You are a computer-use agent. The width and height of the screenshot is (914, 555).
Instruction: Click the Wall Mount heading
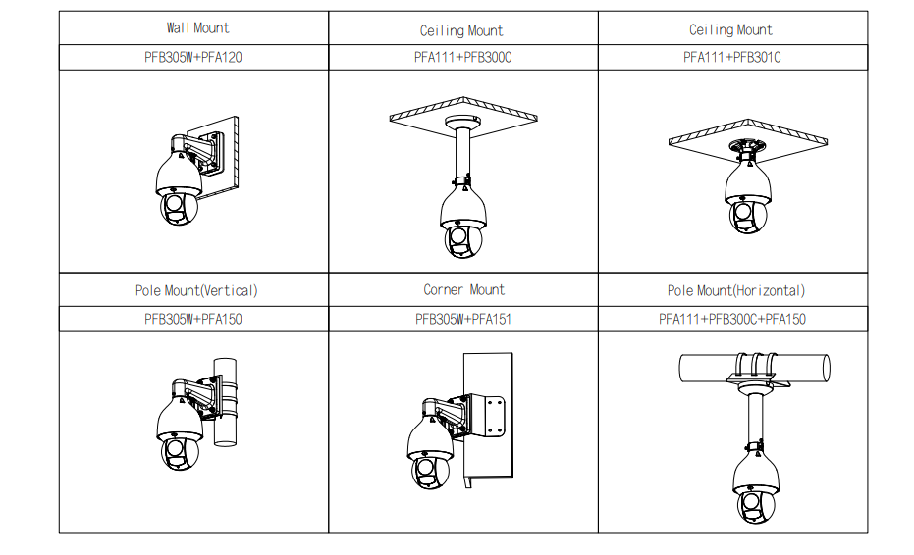pyautogui.click(x=197, y=28)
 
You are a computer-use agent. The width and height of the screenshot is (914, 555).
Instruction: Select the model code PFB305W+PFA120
pyautogui.click(x=193, y=57)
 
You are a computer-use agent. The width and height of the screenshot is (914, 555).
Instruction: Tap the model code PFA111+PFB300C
pyautogui.click(x=462, y=57)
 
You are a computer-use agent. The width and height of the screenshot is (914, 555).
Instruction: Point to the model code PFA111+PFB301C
pyautogui.click(x=731, y=57)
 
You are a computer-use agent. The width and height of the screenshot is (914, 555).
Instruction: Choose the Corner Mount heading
pyautogui.click(x=463, y=290)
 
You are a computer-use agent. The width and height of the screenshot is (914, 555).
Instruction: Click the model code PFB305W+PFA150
pyautogui.click(x=193, y=319)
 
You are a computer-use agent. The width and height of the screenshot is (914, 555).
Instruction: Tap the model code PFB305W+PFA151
pyautogui.click(x=462, y=319)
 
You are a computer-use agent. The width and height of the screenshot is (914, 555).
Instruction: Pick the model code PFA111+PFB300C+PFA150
pyautogui.click(x=732, y=319)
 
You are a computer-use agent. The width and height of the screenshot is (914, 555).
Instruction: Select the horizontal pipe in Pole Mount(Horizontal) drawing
pyautogui.click(x=707, y=368)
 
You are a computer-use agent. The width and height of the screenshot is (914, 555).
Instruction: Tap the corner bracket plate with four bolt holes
pyautogui.click(x=490, y=415)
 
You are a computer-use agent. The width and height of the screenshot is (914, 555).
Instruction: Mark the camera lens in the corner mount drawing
pyautogui.click(x=426, y=471)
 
